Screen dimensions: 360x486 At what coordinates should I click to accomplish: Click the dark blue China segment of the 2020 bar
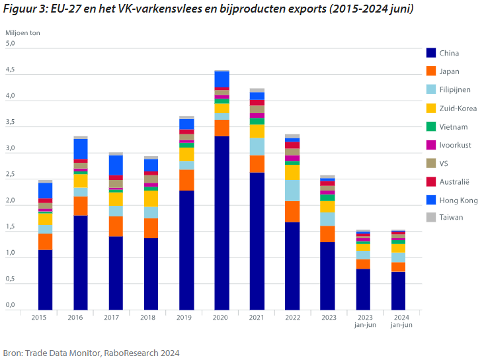coord(222,222)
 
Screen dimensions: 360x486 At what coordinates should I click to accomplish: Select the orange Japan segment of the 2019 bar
coord(186,180)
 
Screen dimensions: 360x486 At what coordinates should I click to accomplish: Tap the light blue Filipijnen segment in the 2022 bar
coord(292,190)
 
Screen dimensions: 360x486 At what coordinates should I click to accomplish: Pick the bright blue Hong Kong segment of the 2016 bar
coord(81,149)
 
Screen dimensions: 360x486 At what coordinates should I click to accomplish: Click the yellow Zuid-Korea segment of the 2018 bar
coord(151,199)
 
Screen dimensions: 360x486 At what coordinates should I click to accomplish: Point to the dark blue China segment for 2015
coord(45,279)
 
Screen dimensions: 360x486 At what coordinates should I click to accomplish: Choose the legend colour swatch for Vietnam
coord(430,126)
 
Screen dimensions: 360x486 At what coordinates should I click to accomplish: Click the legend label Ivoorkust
coord(455,145)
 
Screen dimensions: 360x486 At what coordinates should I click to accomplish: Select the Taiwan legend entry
coord(451,217)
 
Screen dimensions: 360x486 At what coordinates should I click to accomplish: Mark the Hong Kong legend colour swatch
coord(430,199)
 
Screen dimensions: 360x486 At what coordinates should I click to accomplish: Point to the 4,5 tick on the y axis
coord(10,70)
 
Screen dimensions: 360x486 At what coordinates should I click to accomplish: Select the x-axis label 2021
coord(257,316)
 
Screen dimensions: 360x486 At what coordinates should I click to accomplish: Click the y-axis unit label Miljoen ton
coord(22,32)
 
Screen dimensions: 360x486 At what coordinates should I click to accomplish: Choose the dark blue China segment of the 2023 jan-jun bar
coord(363,289)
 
